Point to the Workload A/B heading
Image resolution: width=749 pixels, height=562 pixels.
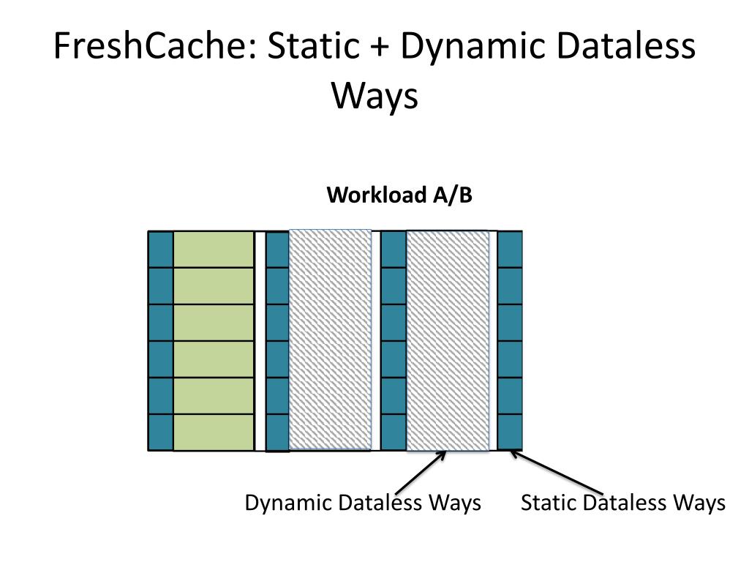pyautogui.click(x=399, y=196)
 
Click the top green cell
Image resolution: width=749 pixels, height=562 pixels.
pyautogui.click(x=214, y=250)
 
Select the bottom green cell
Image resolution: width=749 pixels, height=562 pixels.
pyautogui.click(x=214, y=432)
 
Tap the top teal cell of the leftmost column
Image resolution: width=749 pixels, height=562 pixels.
pyautogui.click(x=161, y=250)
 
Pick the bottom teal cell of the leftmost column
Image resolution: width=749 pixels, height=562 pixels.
pyautogui.click(x=161, y=432)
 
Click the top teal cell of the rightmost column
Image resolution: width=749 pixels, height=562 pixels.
pyautogui.click(x=510, y=250)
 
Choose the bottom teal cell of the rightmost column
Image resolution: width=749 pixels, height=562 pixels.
pyautogui.click(x=510, y=432)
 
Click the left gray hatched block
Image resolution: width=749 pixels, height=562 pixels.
pyautogui.click(x=331, y=340)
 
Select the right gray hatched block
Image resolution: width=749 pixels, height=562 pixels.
pyautogui.click(x=448, y=340)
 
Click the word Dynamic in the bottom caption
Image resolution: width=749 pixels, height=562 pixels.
pyautogui.click(x=288, y=504)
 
